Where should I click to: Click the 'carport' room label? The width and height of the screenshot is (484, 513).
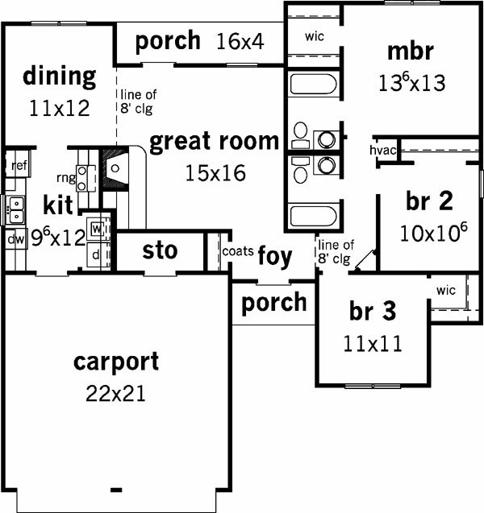(x=116, y=362)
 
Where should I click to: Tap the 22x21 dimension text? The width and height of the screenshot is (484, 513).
(x=115, y=393)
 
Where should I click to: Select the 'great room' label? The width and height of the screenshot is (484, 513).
(x=214, y=142)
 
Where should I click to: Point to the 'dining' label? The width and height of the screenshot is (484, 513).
(x=60, y=77)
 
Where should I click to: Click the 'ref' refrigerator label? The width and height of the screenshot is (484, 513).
(x=19, y=165)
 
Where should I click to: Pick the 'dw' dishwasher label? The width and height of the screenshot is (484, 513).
(x=15, y=239)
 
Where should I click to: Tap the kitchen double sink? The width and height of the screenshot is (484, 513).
(x=16, y=210)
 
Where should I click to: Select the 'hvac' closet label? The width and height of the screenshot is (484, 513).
(x=382, y=150)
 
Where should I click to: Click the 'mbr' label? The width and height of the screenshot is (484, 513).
(x=411, y=52)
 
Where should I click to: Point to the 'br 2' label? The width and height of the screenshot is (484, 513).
(x=429, y=201)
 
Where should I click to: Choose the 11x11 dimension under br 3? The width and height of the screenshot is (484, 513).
(x=373, y=344)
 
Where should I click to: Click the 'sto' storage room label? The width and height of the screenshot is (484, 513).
(x=160, y=250)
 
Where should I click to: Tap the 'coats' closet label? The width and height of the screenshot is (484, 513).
(x=238, y=251)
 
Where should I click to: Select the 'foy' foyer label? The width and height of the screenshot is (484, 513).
(x=274, y=257)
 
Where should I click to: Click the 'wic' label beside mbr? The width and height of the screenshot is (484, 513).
(x=315, y=36)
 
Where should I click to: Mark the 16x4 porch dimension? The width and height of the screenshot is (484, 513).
(x=240, y=42)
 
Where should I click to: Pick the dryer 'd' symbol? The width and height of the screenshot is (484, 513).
(x=95, y=254)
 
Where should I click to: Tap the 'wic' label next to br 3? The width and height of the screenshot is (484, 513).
(x=445, y=290)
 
